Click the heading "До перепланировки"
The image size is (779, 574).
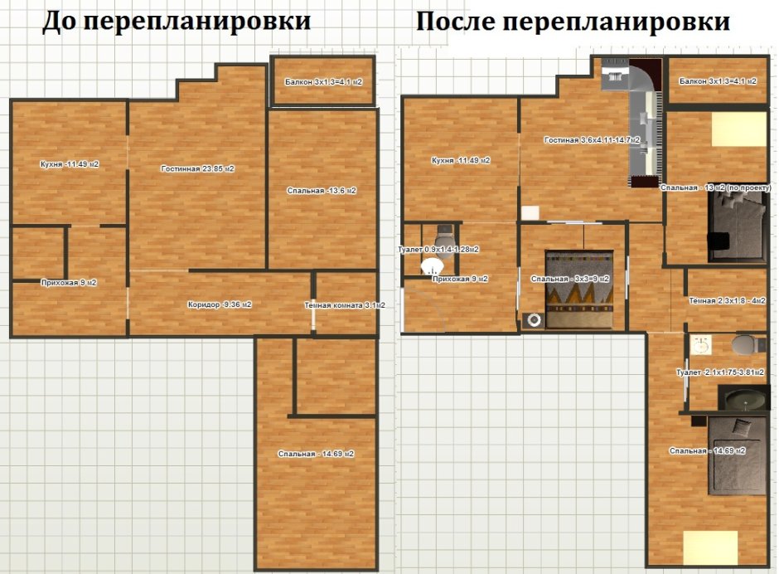pyautogui.click(x=177, y=21)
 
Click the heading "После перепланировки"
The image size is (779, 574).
pyautogui.click(x=573, y=21)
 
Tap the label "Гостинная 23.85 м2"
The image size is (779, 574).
pyautogui.click(x=197, y=168)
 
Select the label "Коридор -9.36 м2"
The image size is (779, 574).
pyautogui.click(x=220, y=304)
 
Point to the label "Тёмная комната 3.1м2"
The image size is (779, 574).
pyautogui.click(x=345, y=305)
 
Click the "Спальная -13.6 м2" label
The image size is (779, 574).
pyautogui.click(x=322, y=191)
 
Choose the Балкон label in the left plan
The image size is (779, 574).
pyautogui.click(x=322, y=82)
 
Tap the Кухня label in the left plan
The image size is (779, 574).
pyautogui.click(x=70, y=164)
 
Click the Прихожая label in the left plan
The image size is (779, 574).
pyautogui.click(x=69, y=283)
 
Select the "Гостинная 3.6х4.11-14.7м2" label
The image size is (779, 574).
pyautogui.click(x=592, y=140)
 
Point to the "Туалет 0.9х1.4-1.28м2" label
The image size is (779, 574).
pyautogui.click(x=439, y=249)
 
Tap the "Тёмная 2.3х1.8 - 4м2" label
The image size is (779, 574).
pyautogui.click(x=727, y=300)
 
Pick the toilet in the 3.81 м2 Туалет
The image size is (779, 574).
pyautogui.click(x=746, y=344)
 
